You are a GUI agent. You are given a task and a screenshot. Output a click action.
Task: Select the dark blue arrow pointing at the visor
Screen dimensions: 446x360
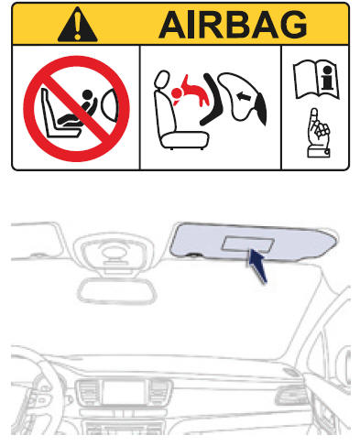[259, 269]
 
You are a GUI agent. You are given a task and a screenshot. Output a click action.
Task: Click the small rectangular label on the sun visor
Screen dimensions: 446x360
[247, 244]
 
